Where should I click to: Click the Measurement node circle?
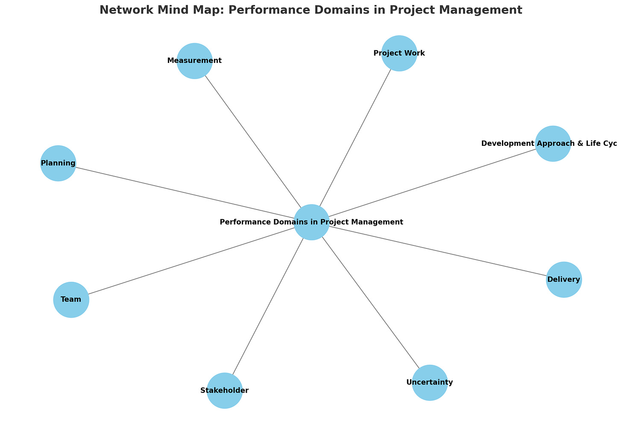pyautogui.click(x=194, y=61)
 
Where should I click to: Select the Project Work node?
pyautogui.click(x=399, y=53)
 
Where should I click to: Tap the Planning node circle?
pyautogui.click(x=58, y=163)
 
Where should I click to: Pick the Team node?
pyautogui.click(x=71, y=299)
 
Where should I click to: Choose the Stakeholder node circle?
pyautogui.click(x=225, y=390)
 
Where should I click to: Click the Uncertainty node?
pyautogui.click(x=430, y=382)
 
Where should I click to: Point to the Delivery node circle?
pyautogui.click(x=563, y=280)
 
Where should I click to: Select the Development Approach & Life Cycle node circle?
pyautogui.click(x=553, y=144)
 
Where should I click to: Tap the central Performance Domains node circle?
pyautogui.click(x=311, y=222)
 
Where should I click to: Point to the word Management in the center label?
pyautogui.click(x=378, y=222)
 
